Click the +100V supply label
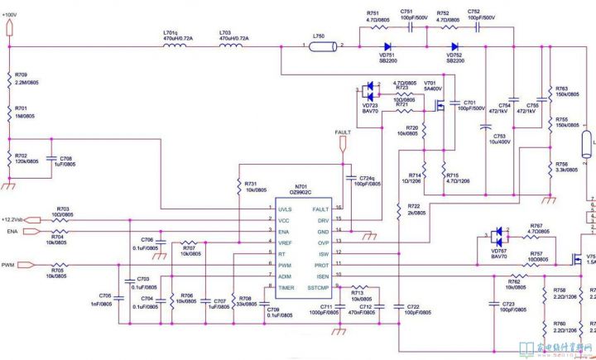(x=14, y=16)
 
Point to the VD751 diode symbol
(x=387, y=46)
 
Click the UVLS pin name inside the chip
(x=285, y=209)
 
